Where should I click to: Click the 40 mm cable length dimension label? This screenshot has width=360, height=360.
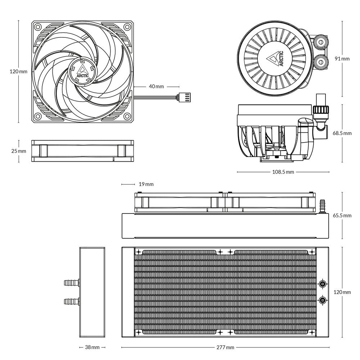click(x=156, y=86)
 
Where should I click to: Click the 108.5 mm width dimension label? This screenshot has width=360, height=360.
click(x=283, y=172)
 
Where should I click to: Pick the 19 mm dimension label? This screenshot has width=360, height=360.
click(x=146, y=184)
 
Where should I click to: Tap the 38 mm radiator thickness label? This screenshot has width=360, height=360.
click(x=92, y=347)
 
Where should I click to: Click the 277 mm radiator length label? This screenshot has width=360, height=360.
click(x=225, y=347)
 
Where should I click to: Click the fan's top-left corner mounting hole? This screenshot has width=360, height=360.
click(x=37, y=27)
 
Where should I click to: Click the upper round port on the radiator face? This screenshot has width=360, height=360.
click(x=323, y=284)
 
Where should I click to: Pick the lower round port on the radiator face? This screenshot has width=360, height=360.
click(x=323, y=300)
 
